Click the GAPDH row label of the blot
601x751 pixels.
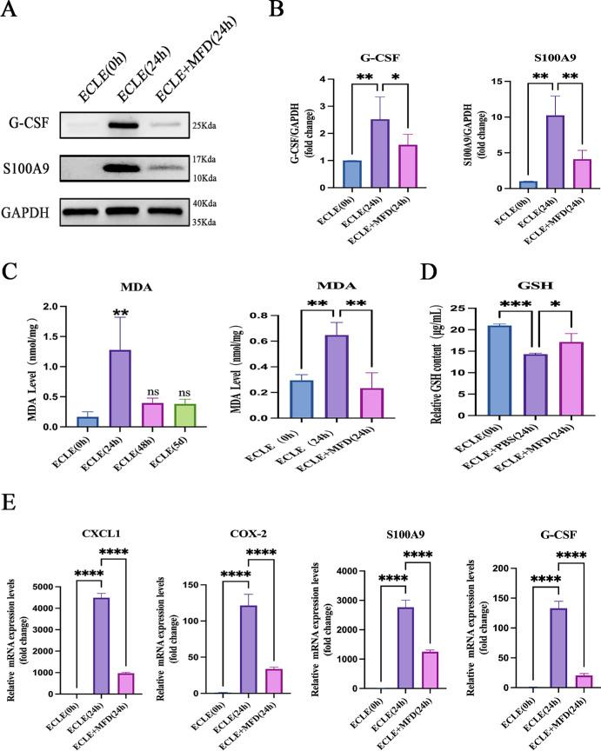pos(33,211)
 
